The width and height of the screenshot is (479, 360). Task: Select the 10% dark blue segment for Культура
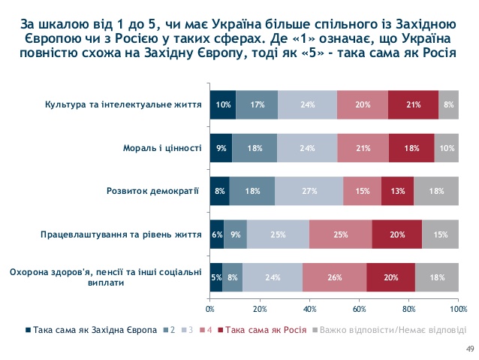pyautogui.click(x=222, y=104)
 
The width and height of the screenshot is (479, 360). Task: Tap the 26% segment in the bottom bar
pyautogui.click(x=334, y=277)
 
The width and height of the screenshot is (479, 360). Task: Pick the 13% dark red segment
pyautogui.click(x=397, y=191)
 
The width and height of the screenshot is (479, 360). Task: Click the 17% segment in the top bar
pyautogui.click(x=257, y=104)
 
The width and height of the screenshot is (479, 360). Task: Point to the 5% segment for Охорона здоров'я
pyautogui.click(x=216, y=277)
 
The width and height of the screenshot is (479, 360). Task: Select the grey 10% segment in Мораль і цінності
pyautogui.click(x=446, y=148)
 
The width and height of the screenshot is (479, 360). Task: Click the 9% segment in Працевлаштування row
pyautogui.click(x=236, y=234)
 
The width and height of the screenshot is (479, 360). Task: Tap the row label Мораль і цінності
pyautogui.click(x=161, y=148)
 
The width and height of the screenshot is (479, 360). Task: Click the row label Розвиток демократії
pyautogui.click(x=155, y=191)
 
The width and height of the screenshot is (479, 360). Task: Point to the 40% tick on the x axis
pyautogui.click(x=309, y=309)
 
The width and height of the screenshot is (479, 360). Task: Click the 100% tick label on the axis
pyautogui.click(x=457, y=309)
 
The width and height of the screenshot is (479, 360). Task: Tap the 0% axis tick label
pyautogui.click(x=210, y=309)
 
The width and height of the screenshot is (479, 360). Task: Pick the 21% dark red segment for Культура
pyautogui.click(x=413, y=104)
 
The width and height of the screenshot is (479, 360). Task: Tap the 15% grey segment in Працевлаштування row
pyautogui.click(x=440, y=234)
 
